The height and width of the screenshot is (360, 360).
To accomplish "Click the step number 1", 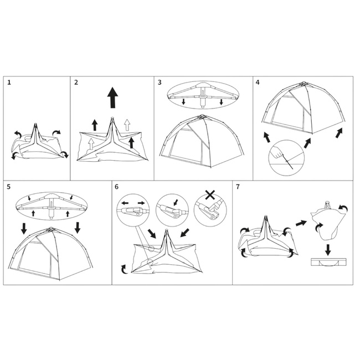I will coord(10,82).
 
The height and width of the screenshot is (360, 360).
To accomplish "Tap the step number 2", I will coord(76,82).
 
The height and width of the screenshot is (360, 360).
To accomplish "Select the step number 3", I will coord(160,82).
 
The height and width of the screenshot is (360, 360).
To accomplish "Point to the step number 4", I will coord(258,82).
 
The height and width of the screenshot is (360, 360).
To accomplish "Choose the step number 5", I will coord(9,187).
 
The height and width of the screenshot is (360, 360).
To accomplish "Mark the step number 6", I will coord(117,187).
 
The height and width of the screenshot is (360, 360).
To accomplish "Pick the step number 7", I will coord(238,187).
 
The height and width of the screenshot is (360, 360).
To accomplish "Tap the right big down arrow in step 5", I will coord(77,227).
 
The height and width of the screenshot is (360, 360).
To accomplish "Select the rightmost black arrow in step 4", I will coord(339,133).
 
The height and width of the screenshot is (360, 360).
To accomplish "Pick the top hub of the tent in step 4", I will coord(302,85).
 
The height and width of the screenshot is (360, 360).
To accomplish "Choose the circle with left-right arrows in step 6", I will coord(133,210).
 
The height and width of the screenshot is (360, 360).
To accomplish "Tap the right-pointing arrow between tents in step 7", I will coord(301,223).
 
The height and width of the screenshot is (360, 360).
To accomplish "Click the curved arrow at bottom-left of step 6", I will coord(124,269).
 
